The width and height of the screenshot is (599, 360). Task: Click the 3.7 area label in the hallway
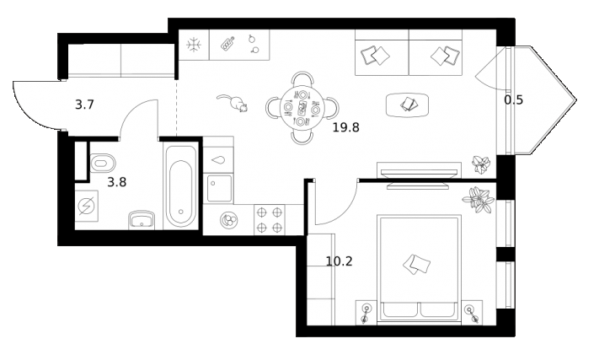pyautogui.click(x=84, y=105)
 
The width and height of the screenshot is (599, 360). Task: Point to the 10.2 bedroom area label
pyautogui.click(x=339, y=261)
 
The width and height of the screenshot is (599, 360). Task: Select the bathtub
pyautogui.click(x=179, y=187)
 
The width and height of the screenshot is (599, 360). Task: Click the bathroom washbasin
pyautogui.click(x=141, y=220)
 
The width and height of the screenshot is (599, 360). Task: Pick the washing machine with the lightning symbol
pyautogui.click(x=87, y=205)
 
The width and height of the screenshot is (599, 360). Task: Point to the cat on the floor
pyautogui.click(x=233, y=103)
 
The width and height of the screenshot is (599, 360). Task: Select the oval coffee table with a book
pyautogui.click(x=408, y=104)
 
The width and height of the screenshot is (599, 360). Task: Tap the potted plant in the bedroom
pyautogui.click(x=479, y=201)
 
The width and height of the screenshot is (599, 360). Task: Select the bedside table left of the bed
pyautogui.click(x=366, y=312)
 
